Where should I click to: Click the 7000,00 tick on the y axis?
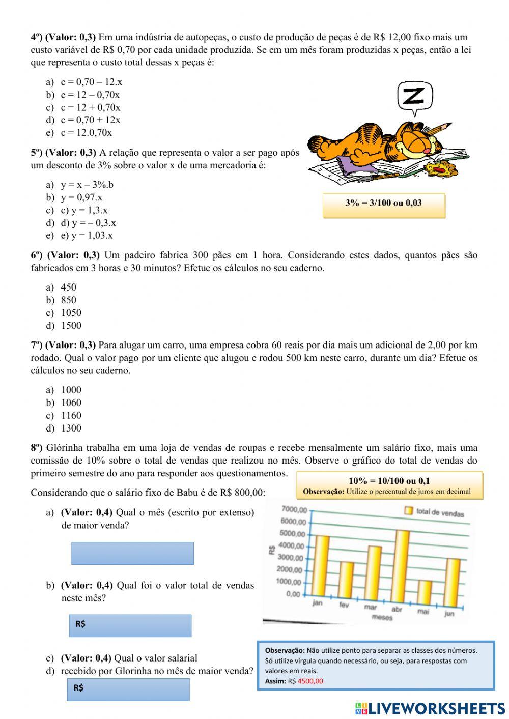click(x=294, y=509)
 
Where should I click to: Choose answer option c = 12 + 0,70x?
click(x=91, y=107)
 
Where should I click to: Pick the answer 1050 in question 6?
click(x=71, y=313)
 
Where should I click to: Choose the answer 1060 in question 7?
click(x=71, y=403)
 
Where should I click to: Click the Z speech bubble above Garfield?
click(x=415, y=96)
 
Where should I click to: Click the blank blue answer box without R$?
click(x=132, y=553)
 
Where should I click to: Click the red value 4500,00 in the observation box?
click(x=310, y=681)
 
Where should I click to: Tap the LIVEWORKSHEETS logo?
click(x=430, y=708)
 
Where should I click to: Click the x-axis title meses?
click(x=382, y=617)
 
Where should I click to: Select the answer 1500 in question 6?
click(x=71, y=326)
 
